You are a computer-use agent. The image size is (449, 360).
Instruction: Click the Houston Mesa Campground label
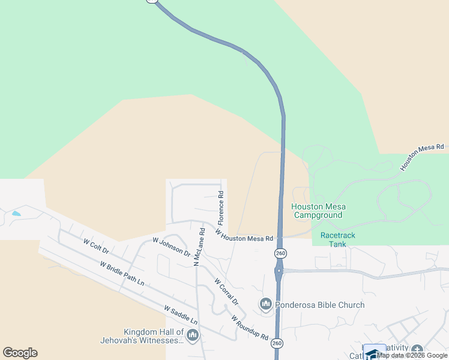coord(318,211)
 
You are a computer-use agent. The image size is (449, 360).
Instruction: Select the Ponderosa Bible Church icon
coord(266,305)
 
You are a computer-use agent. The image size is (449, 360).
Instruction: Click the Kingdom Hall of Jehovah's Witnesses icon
coord(193,335)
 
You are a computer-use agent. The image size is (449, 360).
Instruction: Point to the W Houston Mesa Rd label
coord(244,235)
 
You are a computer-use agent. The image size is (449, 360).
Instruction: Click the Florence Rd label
coord(221,205)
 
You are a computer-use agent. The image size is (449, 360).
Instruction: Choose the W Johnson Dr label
coord(172,247)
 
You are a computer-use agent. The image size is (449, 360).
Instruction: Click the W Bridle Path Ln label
coord(122,273)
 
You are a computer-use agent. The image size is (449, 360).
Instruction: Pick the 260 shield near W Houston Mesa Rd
coord(280,253)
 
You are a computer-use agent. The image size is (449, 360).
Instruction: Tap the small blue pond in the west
coord(16,213)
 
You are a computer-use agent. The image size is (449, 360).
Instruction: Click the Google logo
coord(20,353)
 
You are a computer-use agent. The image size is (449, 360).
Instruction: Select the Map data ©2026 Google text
coord(412,356)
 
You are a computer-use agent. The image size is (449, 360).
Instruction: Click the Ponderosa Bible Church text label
coord(320,305)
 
